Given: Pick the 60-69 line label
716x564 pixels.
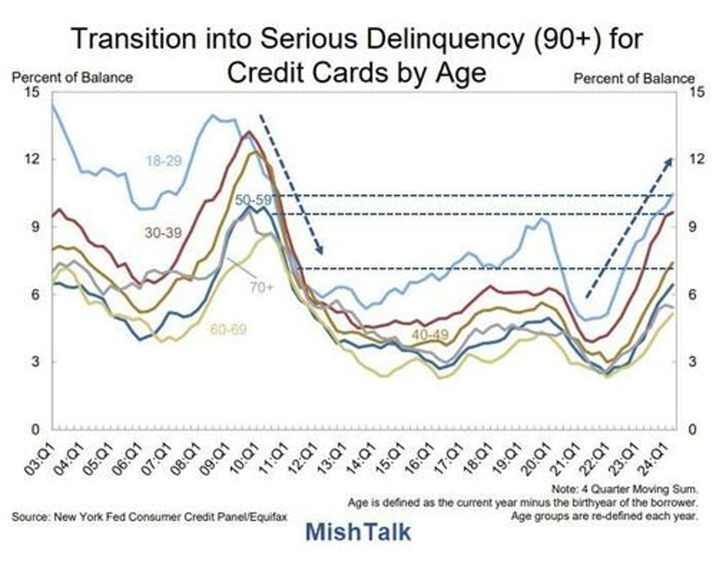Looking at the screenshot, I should click(x=228, y=329).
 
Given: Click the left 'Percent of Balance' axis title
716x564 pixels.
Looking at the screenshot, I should click(x=72, y=78).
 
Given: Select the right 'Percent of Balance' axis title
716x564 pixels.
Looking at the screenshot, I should click(x=634, y=78).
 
